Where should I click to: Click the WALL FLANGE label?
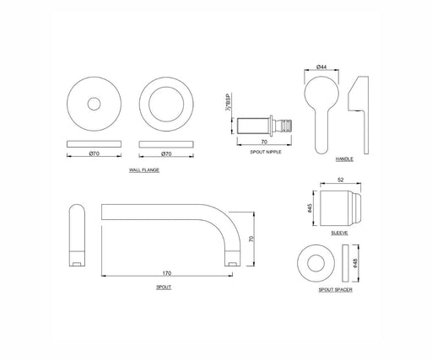point(144,170)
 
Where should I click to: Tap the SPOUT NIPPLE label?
point(266,152)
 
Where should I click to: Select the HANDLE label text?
point(344,159)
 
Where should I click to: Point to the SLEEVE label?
point(339,233)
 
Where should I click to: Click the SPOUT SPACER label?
point(335,290)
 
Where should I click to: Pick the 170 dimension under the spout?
point(167,273)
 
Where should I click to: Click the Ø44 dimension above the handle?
point(321,67)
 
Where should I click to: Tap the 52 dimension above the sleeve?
point(341,180)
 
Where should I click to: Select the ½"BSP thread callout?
point(228,102)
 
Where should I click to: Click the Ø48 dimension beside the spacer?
point(355,263)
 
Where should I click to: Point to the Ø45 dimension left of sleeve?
point(310,208)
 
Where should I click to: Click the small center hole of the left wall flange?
point(94,104)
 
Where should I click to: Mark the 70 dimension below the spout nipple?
point(264,142)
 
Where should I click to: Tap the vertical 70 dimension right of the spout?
point(251,239)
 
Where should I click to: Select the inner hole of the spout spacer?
point(316,263)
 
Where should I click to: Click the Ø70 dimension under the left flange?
point(94,153)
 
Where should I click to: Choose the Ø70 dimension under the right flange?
point(166,153)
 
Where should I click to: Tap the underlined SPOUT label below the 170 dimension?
point(164,287)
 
